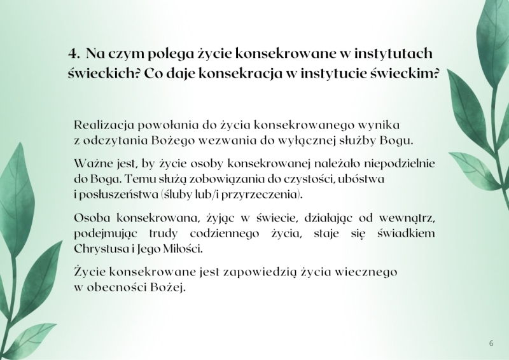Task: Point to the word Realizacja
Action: click(101, 124)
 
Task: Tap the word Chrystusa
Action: click(101, 249)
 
